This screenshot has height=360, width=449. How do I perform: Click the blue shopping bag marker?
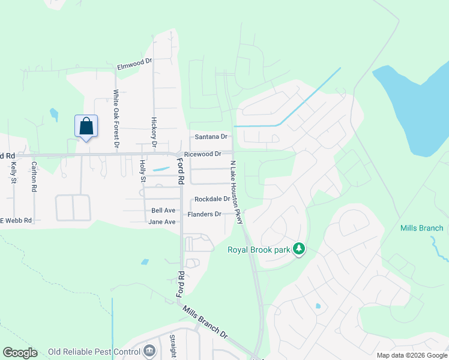point(86,127)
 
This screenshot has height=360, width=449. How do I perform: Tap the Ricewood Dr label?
point(203,154)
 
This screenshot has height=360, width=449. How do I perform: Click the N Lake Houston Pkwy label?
point(235,192)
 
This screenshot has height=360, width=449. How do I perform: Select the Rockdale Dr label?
point(211,199)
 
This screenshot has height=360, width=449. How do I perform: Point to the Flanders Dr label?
point(205,214)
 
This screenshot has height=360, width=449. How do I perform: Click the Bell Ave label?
point(163,211)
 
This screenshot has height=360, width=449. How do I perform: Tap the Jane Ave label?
point(162,222)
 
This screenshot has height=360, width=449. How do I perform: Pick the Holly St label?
point(143,171)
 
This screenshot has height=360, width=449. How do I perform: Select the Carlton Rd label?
point(34,177)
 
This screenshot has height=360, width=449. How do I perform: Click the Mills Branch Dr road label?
point(206,324)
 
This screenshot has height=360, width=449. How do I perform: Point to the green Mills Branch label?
point(422,228)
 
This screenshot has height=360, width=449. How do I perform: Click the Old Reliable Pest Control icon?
point(149,350)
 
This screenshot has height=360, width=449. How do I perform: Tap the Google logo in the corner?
point(20,353)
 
